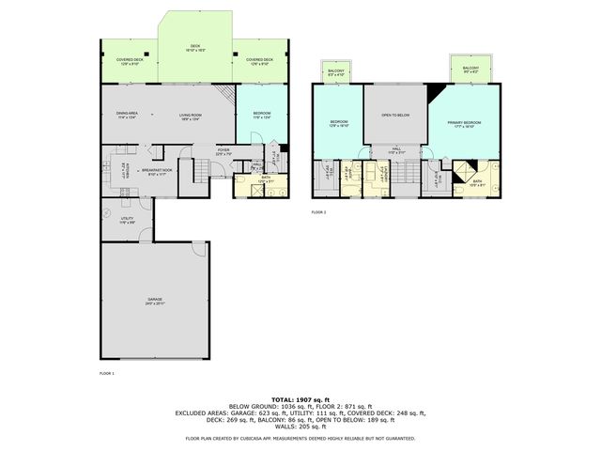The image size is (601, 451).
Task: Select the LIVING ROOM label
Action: (x=192, y=117)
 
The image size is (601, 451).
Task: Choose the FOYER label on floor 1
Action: (x=223, y=150)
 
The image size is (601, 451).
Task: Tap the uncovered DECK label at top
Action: (x=195, y=46)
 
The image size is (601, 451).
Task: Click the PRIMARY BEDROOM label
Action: (x=464, y=124)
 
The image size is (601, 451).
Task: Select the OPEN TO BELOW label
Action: (x=395, y=116)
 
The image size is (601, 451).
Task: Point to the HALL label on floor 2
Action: (x=396, y=150)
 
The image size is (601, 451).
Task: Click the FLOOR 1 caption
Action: (x=106, y=374)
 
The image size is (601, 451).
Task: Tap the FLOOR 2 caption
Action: (x=318, y=213)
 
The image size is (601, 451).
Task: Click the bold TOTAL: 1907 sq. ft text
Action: (x=300, y=398)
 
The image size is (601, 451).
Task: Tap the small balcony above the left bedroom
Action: (x=336, y=72)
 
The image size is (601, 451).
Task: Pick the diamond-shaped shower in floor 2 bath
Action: (x=463, y=171)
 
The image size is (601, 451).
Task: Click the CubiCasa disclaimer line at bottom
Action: (x=300, y=439)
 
